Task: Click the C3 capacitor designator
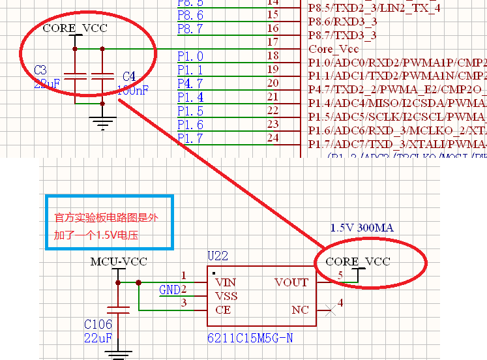point(40,70)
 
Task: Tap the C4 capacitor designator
point(129,77)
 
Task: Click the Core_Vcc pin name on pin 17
point(334,49)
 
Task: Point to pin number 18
point(273,56)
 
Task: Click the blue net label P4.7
point(190,83)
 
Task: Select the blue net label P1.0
point(190,57)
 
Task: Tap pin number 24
point(273,138)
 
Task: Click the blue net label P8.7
point(190,29)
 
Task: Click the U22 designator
point(217,256)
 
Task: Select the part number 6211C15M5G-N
point(250,338)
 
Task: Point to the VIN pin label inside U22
point(225,282)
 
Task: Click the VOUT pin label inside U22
point(291,282)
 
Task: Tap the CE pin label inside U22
point(222,310)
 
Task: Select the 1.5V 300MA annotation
point(362,228)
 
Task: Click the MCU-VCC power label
point(119,262)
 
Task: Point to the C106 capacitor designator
point(98,324)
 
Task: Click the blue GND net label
point(169,290)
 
